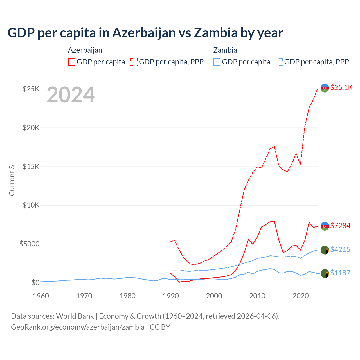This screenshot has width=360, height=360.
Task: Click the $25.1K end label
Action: pyautogui.click(x=341, y=87)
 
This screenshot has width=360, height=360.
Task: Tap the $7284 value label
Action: pyautogui.click(x=340, y=226)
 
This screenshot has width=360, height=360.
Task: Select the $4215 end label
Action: pyautogui.click(x=340, y=249)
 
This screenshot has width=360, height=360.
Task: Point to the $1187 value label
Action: pyautogui.click(x=340, y=273)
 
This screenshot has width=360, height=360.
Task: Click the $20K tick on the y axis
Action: pyautogui.click(x=31, y=128)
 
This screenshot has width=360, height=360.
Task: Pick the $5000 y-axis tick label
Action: pyautogui.click(x=29, y=244)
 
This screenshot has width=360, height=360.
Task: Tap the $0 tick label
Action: pyautogui.click(x=35, y=283)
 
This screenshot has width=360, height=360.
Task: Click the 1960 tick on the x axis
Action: pyautogui.click(x=41, y=296)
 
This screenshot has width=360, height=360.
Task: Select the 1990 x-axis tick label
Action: pyautogui.click(x=171, y=296)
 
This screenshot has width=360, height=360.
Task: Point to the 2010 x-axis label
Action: pyautogui.click(x=257, y=296)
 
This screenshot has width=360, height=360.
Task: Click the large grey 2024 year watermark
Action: pyautogui.click(x=71, y=95)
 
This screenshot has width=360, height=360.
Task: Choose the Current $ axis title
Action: pyautogui.click(x=12, y=180)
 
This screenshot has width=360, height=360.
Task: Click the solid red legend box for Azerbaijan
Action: pyautogui.click(x=72, y=62)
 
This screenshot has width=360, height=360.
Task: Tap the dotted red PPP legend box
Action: pyautogui.click(x=134, y=62)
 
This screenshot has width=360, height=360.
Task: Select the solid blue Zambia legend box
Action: pyautogui.click(x=217, y=62)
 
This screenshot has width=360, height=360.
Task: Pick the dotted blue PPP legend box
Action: pyautogui.click(x=279, y=62)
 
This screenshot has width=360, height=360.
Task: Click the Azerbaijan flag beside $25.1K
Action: pyautogui.click(x=325, y=88)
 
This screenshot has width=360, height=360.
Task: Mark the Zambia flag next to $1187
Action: pyautogui.click(x=325, y=273)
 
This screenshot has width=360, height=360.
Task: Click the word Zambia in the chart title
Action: pyautogui.click(x=216, y=33)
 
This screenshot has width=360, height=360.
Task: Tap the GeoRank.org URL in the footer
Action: pyautogui.click(x=78, y=327)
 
